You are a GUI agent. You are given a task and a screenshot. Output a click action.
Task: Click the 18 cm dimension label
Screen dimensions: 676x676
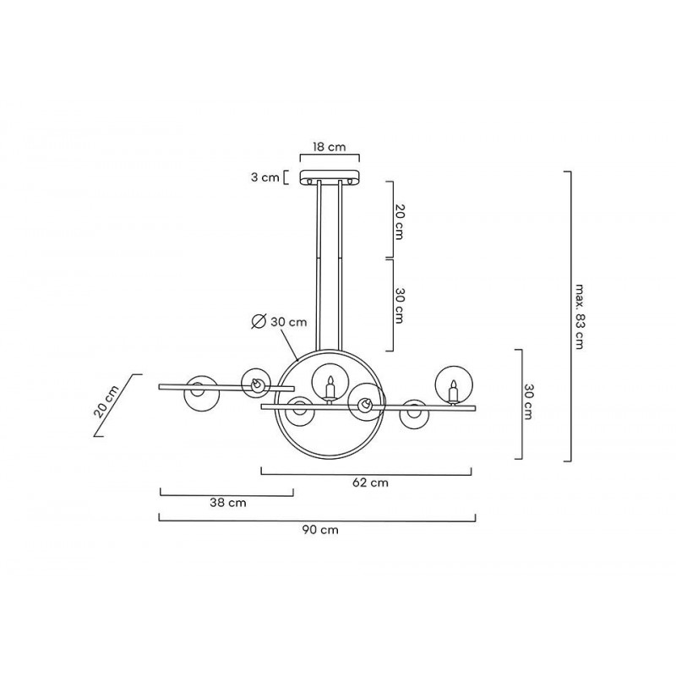(330, 147)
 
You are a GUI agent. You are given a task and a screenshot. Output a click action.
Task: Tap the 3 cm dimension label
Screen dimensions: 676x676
(265, 177)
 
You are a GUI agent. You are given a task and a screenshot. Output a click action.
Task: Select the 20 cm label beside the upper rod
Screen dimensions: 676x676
(399, 222)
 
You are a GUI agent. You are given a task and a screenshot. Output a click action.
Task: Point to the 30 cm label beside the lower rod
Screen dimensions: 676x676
(399, 306)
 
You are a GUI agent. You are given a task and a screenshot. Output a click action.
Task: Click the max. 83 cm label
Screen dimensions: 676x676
(579, 316)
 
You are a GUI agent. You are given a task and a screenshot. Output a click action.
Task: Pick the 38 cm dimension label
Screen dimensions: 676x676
(228, 503)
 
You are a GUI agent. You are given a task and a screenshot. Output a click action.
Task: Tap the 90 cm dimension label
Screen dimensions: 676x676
(320, 530)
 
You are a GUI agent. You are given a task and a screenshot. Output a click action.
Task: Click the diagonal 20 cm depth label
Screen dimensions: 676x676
(106, 401)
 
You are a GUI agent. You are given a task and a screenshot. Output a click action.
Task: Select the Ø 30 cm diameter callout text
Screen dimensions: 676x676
(280, 322)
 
